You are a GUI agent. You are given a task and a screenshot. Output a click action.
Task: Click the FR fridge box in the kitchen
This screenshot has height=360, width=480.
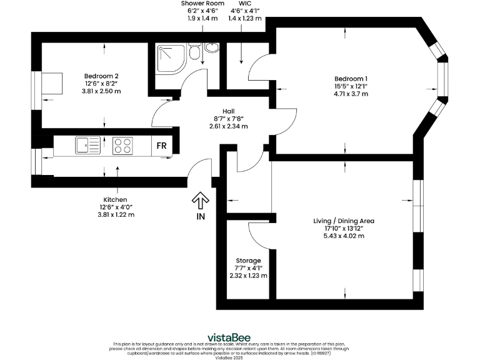(x=161, y=146)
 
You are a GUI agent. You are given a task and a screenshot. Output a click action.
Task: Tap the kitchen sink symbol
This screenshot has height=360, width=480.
(x=87, y=146)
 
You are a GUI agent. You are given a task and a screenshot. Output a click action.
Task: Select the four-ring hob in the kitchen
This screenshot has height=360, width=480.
(x=123, y=146)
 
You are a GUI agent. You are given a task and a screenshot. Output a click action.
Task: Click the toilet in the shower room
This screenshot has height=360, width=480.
(x=195, y=52)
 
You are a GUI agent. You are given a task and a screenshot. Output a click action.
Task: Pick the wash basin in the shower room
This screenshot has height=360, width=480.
(x=212, y=47)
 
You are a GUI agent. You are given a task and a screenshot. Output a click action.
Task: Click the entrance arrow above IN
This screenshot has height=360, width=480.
(x=200, y=201)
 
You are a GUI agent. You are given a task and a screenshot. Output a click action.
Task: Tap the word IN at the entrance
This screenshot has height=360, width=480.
(x=201, y=217)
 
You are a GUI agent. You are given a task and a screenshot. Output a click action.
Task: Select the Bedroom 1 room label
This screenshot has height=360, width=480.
(x=351, y=78)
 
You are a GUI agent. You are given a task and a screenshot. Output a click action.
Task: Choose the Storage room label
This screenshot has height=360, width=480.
(x=248, y=260)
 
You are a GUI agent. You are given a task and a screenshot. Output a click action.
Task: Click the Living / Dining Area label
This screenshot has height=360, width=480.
(x=344, y=221)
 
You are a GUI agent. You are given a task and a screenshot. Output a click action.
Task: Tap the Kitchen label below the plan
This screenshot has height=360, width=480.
(x=116, y=199)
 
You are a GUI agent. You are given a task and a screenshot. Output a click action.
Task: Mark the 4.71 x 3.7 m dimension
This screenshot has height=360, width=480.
(x=351, y=94)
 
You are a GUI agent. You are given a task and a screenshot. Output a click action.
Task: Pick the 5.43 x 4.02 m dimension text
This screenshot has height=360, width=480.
(x=344, y=237)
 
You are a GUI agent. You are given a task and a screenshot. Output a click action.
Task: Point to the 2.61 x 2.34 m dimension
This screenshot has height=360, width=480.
(x=228, y=126)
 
